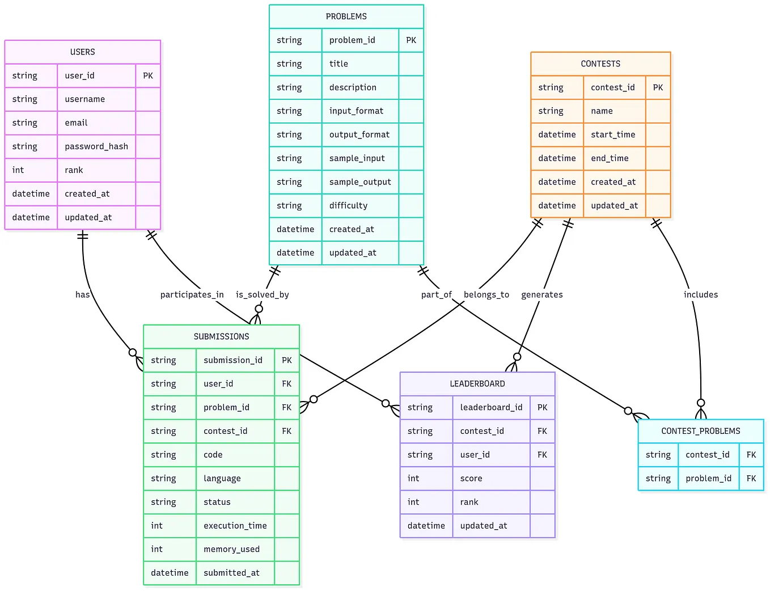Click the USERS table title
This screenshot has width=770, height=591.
click(83, 52)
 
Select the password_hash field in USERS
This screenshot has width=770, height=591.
click(96, 146)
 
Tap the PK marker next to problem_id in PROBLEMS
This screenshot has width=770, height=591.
click(411, 40)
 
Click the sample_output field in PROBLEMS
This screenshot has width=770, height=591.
click(360, 182)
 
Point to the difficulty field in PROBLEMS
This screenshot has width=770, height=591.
click(348, 206)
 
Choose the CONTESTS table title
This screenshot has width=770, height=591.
click(600, 64)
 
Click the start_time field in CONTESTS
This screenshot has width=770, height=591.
click(613, 134)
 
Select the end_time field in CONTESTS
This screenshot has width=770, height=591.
click(610, 158)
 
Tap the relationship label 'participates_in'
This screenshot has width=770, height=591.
click(192, 294)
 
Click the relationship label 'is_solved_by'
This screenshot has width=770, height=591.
click(263, 294)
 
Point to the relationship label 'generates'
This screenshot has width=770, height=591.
click(542, 294)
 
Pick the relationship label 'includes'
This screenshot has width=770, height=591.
click(701, 294)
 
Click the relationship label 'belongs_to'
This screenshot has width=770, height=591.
click(486, 294)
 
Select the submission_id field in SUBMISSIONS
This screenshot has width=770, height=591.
click(233, 360)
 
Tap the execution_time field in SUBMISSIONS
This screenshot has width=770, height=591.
click(235, 526)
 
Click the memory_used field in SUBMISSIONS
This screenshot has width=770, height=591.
click(231, 549)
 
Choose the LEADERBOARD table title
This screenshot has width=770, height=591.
click(477, 384)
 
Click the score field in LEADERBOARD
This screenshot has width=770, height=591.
click(471, 479)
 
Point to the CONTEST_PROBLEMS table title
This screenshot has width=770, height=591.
click(701, 431)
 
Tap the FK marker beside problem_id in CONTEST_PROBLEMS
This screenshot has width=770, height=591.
click(751, 479)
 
